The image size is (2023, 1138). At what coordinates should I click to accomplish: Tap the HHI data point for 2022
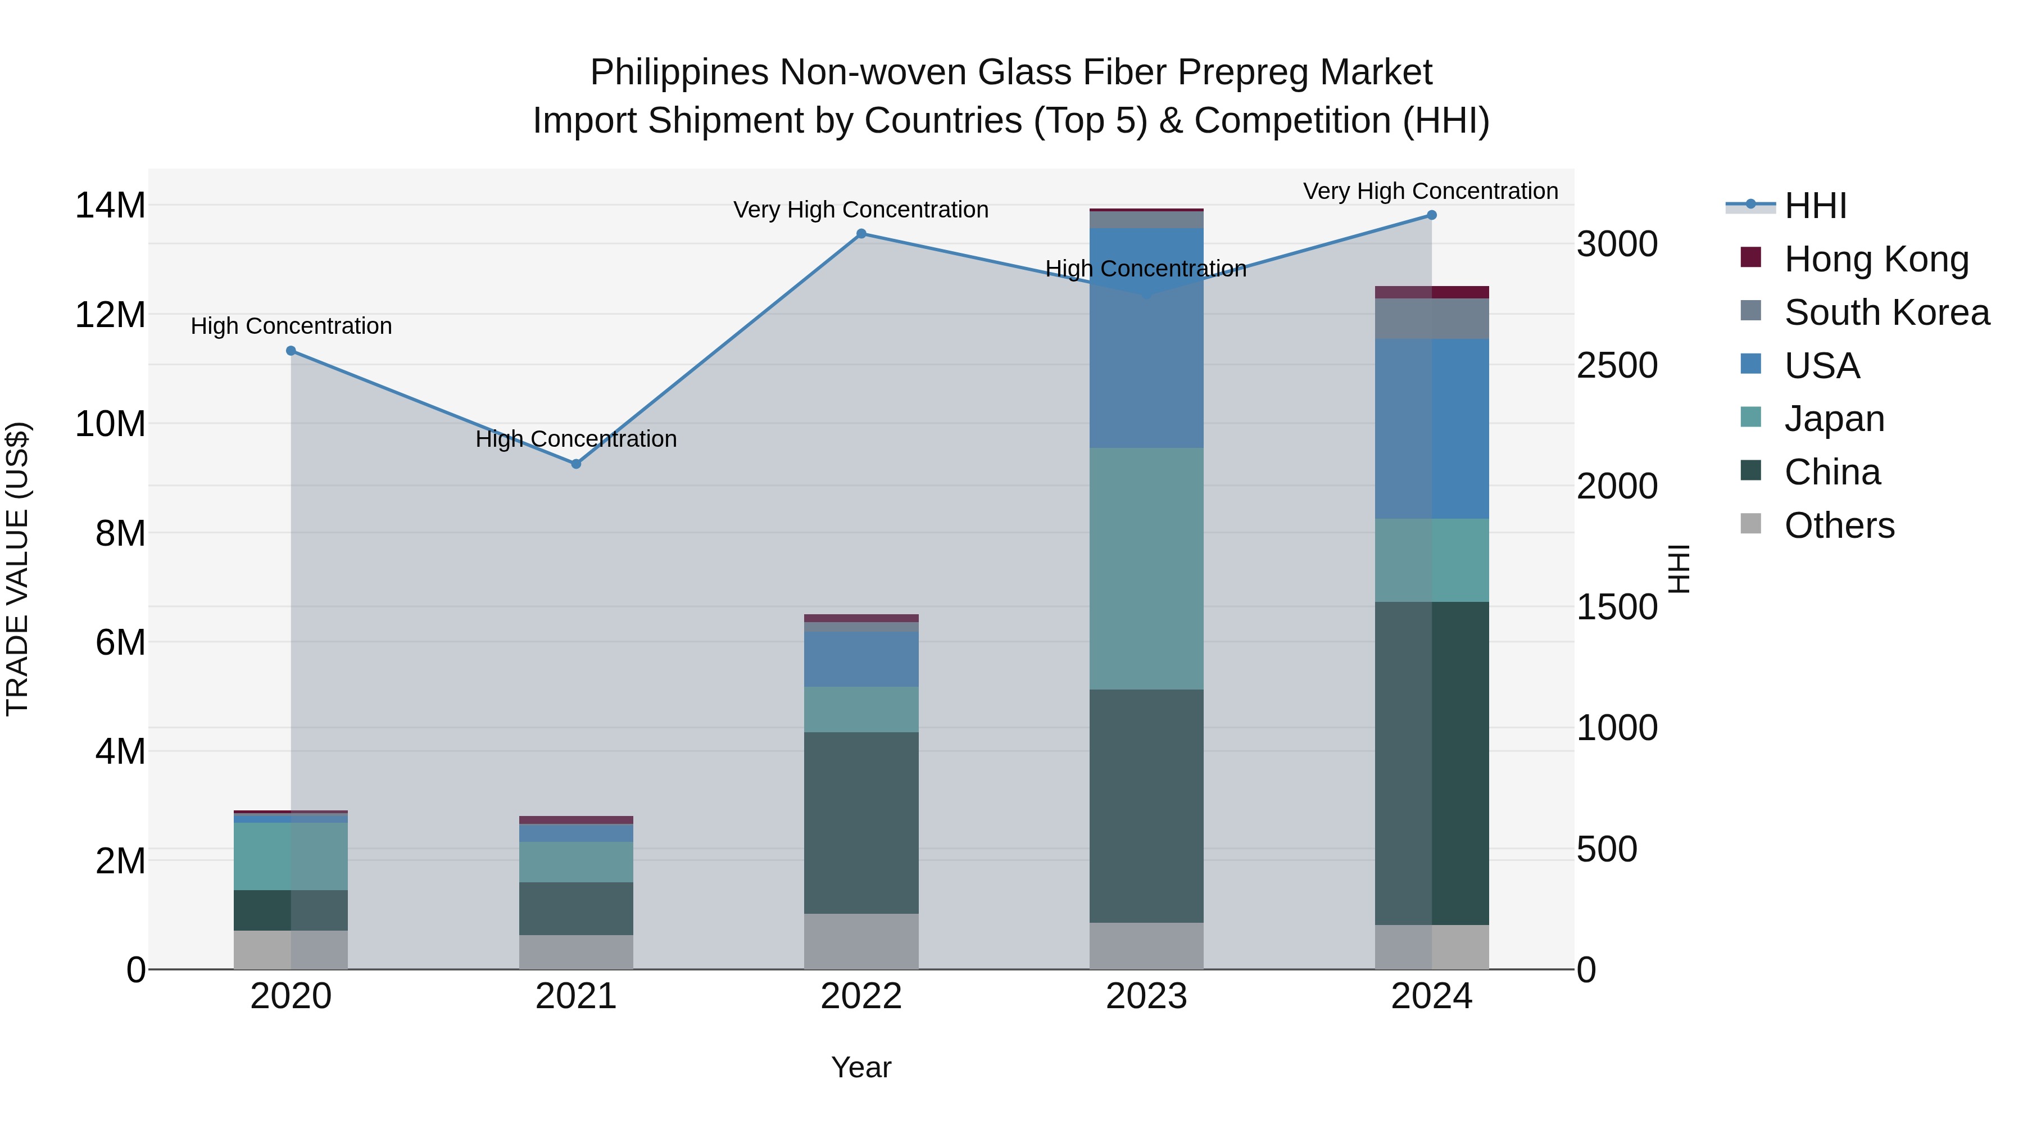tap(861, 233)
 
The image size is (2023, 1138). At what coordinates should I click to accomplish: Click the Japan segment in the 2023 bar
tap(1146, 569)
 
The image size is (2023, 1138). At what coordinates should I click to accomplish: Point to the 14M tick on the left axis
tap(110, 206)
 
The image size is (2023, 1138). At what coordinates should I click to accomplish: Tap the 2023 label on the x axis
tap(1146, 996)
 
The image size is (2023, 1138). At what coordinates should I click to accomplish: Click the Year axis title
tap(861, 1067)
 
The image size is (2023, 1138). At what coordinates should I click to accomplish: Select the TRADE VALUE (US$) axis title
tap(17, 569)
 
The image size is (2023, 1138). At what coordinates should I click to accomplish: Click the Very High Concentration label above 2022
tap(861, 210)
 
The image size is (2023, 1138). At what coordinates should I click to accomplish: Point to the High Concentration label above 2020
tap(291, 326)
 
